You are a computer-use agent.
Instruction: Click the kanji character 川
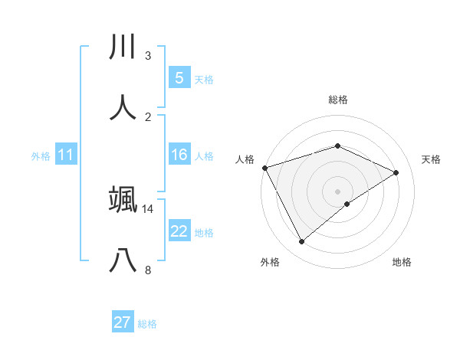(x=123, y=47)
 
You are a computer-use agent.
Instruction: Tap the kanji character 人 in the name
(x=123, y=107)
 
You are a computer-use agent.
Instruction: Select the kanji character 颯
(x=123, y=198)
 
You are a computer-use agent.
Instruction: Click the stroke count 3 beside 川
(x=148, y=56)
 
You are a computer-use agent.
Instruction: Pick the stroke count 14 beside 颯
(x=148, y=208)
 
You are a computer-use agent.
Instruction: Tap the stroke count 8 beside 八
(x=148, y=270)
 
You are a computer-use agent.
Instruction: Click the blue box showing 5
(x=179, y=78)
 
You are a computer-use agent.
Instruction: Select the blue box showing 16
(x=179, y=155)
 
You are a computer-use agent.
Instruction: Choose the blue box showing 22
(x=179, y=231)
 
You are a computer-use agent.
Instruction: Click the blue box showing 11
(x=66, y=155)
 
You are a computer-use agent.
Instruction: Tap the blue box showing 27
(x=123, y=322)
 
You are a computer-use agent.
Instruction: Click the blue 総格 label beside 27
(x=147, y=324)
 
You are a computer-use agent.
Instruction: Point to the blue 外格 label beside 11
(x=41, y=156)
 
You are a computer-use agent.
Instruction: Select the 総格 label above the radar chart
(x=338, y=100)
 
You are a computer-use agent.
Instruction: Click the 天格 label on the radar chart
(x=432, y=159)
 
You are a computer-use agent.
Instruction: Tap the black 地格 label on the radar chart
(x=402, y=262)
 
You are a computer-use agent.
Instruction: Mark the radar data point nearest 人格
(x=264, y=167)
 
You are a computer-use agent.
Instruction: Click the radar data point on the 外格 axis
(x=302, y=242)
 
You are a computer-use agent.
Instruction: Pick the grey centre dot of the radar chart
(x=338, y=191)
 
